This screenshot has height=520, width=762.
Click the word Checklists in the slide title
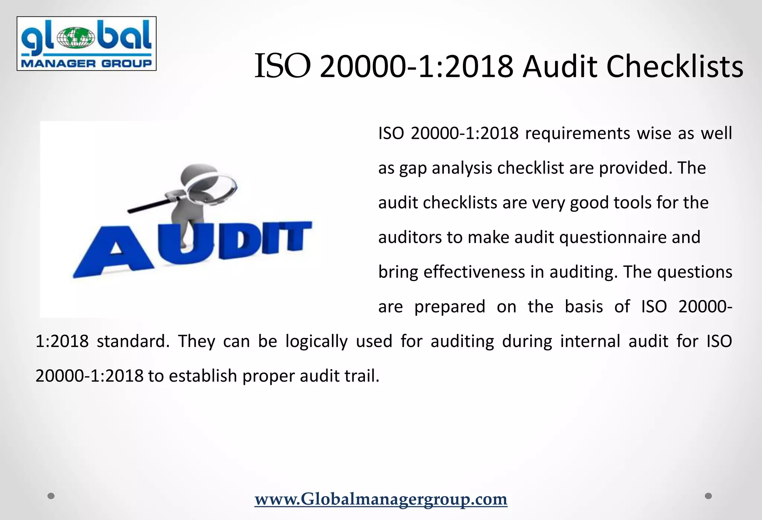pos(675,67)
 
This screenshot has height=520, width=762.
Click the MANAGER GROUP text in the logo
pos(86,63)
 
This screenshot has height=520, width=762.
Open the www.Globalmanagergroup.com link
pos(381,499)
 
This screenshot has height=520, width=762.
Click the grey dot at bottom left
pos(51,496)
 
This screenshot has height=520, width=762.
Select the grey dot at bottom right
pos(708,496)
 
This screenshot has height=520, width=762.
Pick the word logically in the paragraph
pos(316,341)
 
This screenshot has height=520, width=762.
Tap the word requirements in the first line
pos(577,133)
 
